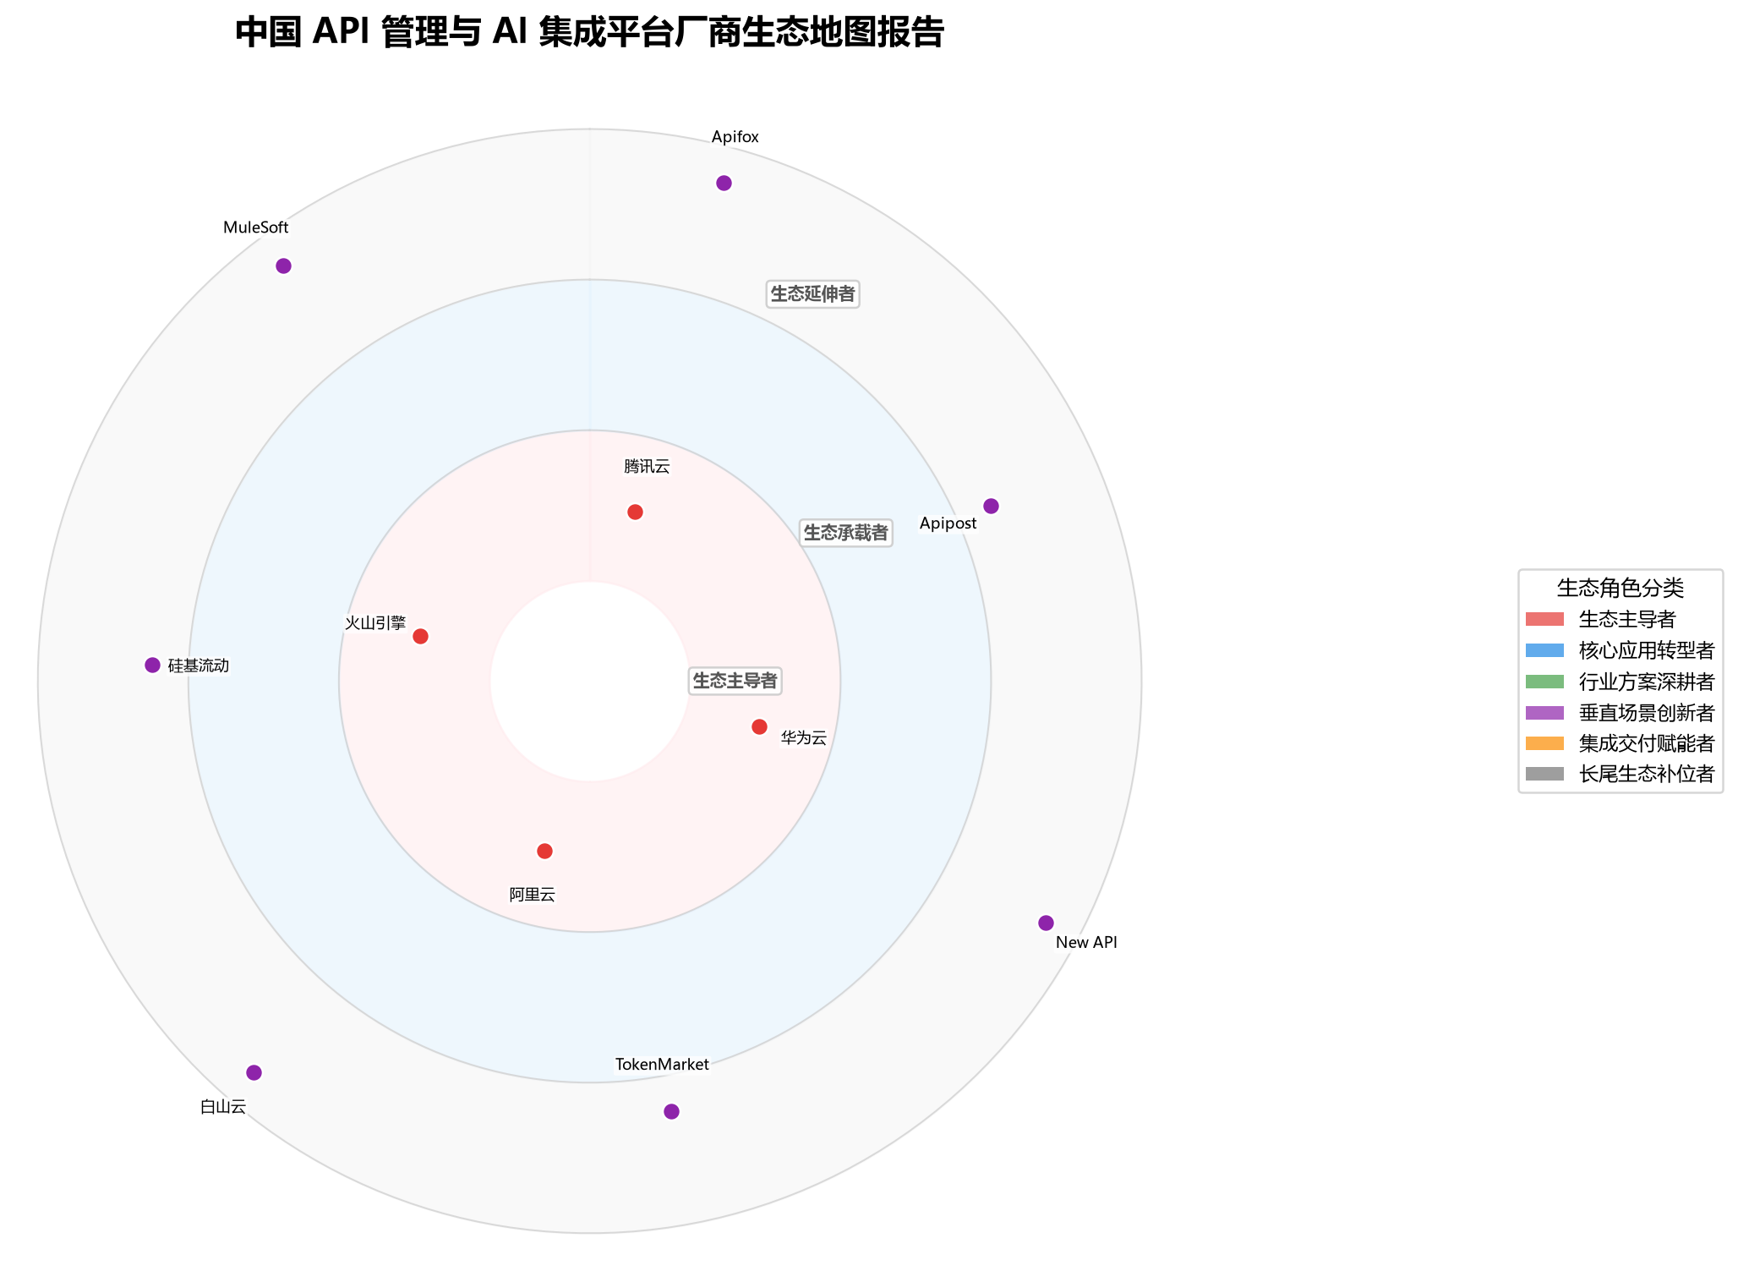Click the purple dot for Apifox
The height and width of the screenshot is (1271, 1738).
coord(724,184)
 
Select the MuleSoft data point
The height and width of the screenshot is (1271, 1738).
coord(284,266)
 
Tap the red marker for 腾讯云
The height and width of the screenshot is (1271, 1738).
coord(636,512)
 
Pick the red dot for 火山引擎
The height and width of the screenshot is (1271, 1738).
coord(421,637)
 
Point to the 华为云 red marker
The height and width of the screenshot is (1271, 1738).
coord(760,727)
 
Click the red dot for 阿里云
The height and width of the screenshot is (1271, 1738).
coord(545,852)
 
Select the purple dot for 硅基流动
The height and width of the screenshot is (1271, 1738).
coord(153,666)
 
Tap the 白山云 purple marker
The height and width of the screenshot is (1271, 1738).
coord(254,1073)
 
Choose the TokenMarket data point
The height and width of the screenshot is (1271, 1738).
coord(672,1112)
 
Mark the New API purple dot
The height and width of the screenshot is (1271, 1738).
coord(1047,923)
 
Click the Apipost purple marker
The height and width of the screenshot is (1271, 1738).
coord(992,507)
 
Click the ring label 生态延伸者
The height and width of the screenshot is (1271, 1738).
coord(813,294)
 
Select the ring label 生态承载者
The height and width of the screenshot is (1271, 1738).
coord(845,533)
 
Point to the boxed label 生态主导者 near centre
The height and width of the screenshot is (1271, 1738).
coord(735,681)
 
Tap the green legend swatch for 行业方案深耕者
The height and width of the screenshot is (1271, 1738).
coord(1545,682)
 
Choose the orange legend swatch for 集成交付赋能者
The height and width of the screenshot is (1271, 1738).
coord(1545,743)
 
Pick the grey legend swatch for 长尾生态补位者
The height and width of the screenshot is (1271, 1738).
coord(1545,774)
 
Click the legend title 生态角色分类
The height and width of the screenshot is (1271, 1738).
coord(1620,589)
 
